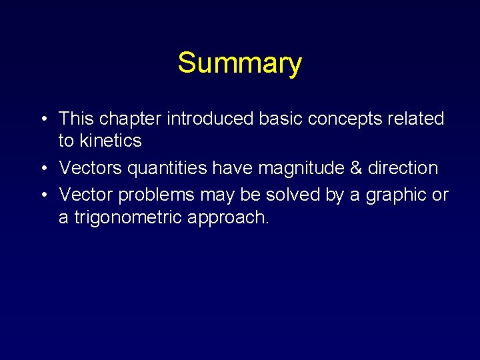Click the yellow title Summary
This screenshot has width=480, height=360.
tap(239, 63)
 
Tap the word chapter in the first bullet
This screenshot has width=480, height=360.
tap(131, 119)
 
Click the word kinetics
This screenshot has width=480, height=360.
tap(110, 141)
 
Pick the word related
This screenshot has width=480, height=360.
tap(415, 119)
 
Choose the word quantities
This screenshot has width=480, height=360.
tap(167, 168)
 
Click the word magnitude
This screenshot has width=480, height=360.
tap(303, 168)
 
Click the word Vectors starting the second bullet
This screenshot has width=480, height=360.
tap(91, 168)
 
